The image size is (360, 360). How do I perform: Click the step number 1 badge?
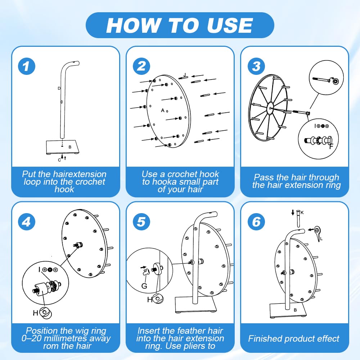pos(27,66)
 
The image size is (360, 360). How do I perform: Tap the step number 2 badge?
pos(141,66)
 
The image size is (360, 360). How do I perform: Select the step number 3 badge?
pos(256,66)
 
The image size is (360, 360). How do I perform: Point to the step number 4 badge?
pos(27,222)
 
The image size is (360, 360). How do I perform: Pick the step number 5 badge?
pos(141,222)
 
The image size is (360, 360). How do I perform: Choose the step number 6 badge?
pos(256,222)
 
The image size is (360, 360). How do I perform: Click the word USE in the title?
pos(230,25)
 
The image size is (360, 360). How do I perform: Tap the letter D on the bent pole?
pos(59,89)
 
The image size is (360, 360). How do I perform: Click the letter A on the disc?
pos(163,111)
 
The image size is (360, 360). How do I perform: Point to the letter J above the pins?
pos(185,75)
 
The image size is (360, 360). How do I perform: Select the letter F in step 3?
pos(331,146)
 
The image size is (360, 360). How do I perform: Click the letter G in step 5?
pos(144,286)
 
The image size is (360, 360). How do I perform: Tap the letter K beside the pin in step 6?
pos(302,213)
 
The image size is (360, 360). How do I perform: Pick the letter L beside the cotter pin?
pos(321,239)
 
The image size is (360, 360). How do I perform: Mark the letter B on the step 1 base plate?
pos(70,147)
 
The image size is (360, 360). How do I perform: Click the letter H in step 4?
pos(35,313)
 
